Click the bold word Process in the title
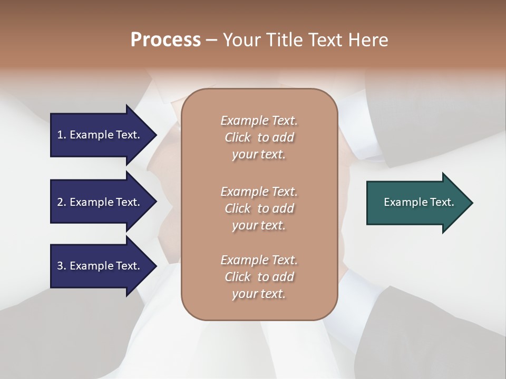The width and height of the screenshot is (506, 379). tap(166, 40)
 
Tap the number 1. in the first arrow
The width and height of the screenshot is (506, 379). tap(62, 135)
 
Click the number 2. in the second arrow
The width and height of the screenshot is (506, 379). tap(62, 202)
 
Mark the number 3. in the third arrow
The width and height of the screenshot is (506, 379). tap(62, 266)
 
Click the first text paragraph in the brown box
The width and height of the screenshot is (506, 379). tap(259, 137)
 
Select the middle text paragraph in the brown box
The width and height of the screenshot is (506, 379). tap(259, 208)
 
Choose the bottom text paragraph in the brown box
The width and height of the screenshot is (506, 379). tap(259, 277)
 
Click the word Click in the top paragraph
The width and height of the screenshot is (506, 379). tap(237, 137)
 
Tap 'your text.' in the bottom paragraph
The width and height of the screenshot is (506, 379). tap(259, 294)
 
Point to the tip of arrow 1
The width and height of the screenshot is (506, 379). tap(155, 135)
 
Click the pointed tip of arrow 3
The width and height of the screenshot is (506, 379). tap(155, 266)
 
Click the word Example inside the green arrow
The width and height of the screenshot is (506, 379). tap(402, 202)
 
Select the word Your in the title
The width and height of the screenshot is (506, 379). tap(241, 40)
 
